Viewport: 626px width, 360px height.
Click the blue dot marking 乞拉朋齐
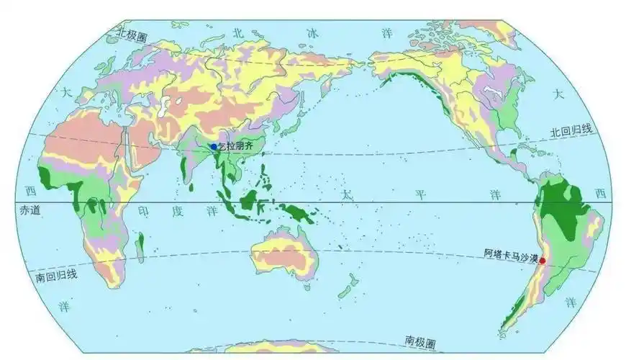click(214, 147)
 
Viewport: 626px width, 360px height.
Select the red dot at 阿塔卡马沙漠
click(543, 261)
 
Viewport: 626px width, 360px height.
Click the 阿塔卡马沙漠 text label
click(511, 253)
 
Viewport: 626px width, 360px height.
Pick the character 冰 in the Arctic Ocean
click(312, 32)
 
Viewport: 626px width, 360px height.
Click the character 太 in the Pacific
click(348, 195)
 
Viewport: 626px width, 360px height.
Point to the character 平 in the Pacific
click(421, 195)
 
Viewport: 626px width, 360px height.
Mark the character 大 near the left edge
click(66, 91)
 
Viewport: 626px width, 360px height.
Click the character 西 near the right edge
click(600, 192)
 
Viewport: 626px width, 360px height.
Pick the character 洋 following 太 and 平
click(495, 195)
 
